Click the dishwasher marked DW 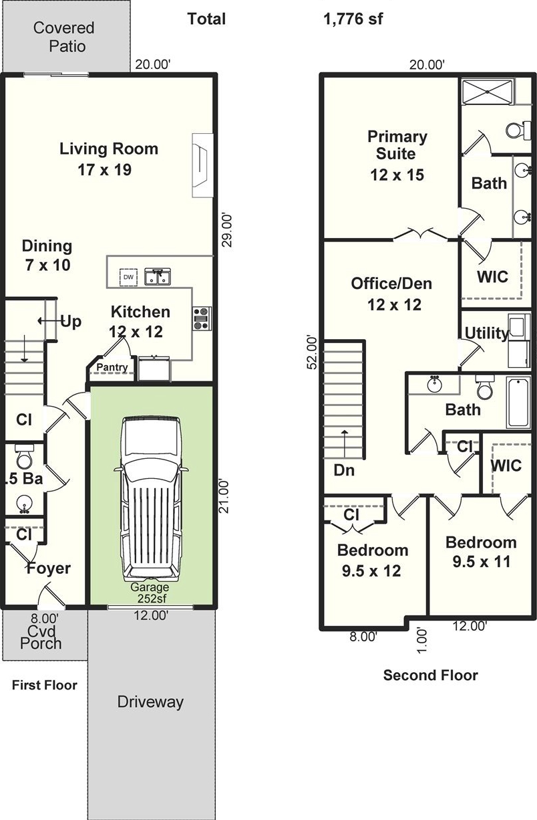[128, 277]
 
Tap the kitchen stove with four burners [202, 319]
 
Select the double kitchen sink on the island [158, 277]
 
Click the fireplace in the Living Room [202, 165]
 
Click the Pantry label [112, 367]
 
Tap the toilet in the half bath [25, 456]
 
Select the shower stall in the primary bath [488, 91]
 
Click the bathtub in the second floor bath [518, 403]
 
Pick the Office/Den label [391, 284]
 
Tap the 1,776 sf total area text [353, 19]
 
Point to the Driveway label [150, 702]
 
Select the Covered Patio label [64, 37]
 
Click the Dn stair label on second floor [344, 470]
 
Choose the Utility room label [486, 333]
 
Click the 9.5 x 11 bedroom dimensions [481, 562]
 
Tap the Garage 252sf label [150, 593]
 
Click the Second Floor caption [430, 675]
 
